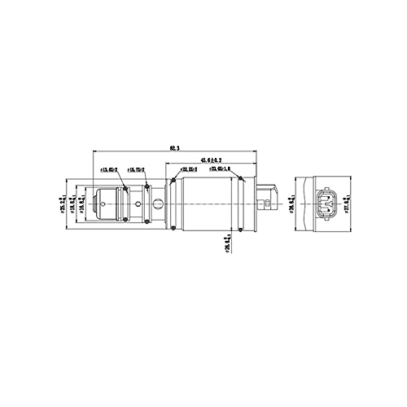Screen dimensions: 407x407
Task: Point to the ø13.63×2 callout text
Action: (x=108, y=169)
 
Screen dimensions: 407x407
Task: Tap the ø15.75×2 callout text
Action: (x=135, y=169)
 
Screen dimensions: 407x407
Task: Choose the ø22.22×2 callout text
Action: (x=189, y=169)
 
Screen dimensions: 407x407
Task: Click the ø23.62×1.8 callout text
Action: (x=220, y=169)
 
